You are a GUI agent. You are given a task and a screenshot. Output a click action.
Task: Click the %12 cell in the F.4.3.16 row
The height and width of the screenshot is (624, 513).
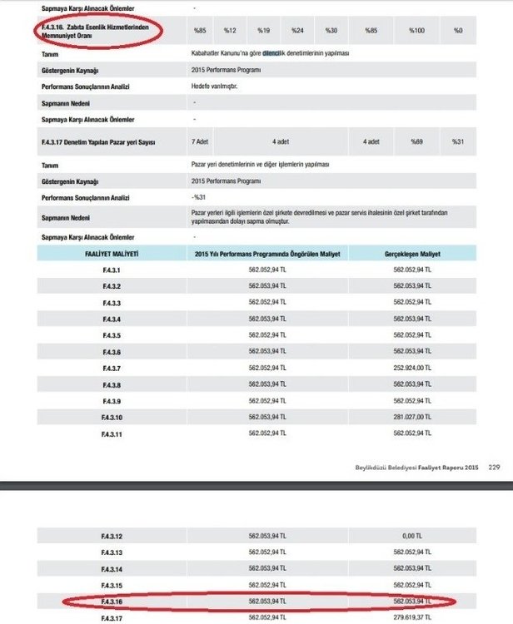tap(231, 30)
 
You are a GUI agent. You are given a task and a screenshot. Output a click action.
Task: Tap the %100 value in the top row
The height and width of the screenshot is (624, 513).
tap(416, 30)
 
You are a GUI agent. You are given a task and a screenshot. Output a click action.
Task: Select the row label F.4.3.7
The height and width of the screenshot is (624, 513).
tap(111, 368)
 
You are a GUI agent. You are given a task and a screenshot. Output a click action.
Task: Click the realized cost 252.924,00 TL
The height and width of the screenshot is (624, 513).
tap(413, 368)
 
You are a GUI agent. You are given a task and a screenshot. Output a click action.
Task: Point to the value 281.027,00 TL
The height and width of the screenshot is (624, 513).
tap(413, 417)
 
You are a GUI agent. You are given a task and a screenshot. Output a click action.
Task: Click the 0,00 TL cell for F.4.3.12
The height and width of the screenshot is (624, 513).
tap(413, 537)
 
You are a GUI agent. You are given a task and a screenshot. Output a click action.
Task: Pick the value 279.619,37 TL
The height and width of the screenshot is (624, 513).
tap(413, 618)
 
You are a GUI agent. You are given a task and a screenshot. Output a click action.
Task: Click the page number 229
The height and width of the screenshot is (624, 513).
tap(494, 467)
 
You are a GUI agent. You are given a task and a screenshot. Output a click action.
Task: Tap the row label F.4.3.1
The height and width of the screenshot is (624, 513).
tap(111, 270)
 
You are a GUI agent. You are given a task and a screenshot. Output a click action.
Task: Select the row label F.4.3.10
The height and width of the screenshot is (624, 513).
tap(111, 417)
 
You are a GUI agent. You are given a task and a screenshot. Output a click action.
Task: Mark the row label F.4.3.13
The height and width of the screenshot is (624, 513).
tap(111, 553)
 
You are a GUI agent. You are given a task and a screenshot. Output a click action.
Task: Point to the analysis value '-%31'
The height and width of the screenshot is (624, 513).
tap(198, 197)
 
